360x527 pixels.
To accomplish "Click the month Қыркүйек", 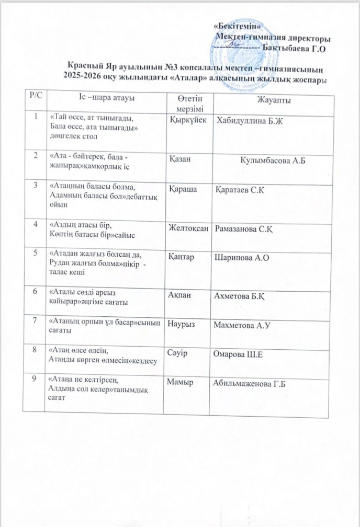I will click(x=187, y=120).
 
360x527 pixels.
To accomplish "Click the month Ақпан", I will click(x=181, y=296).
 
